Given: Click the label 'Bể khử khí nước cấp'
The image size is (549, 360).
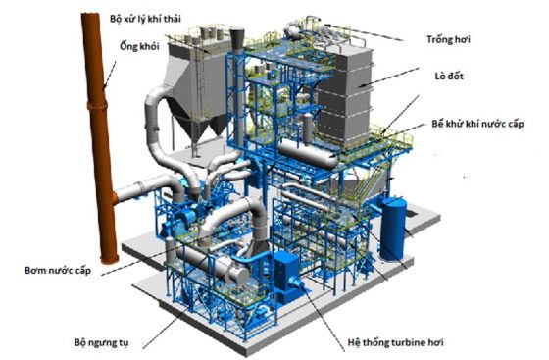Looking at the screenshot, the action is coord(483,127).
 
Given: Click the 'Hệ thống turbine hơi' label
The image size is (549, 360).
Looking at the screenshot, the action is coord(401,344).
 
